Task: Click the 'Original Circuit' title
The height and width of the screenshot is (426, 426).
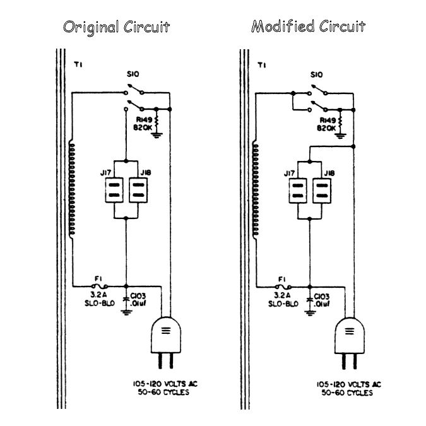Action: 115,28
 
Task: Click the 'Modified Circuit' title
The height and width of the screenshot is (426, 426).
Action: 308,27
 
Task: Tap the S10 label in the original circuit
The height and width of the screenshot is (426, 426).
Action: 133,75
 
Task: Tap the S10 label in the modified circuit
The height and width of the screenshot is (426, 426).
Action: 317,75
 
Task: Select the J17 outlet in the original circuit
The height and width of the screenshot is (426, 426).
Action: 114,189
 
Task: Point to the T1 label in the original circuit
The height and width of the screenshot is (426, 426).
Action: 78,64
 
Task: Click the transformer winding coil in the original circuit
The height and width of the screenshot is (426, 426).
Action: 73,189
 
